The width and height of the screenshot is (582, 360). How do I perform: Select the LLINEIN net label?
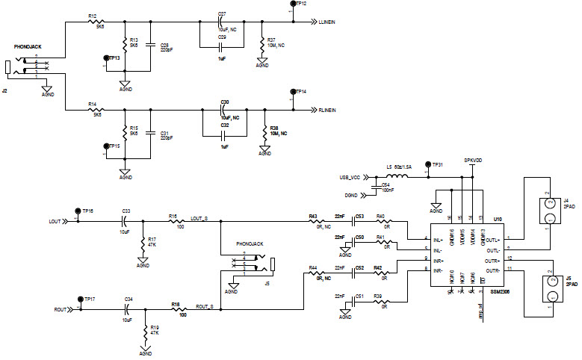pos(326,22)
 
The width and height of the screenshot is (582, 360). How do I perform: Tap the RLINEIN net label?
pos(326,111)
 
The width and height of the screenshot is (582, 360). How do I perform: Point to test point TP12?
pos(291,4)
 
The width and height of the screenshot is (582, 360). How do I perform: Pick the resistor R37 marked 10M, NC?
pos(261,46)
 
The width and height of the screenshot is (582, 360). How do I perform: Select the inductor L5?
pos(397,176)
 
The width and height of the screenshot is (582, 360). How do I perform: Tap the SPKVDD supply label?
pos(473,160)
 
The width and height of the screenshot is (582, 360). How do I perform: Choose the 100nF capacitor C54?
pos(376,187)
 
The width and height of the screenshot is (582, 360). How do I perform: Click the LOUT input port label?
pos(55,222)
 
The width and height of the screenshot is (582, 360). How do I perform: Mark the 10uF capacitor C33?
pos(126,222)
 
